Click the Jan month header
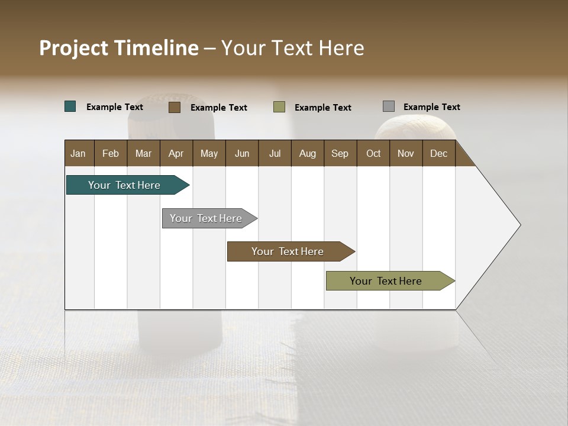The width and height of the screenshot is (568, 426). pyautogui.click(x=79, y=153)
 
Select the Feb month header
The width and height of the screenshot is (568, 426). pyautogui.click(x=111, y=153)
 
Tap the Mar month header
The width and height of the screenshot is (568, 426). pyautogui.click(x=143, y=153)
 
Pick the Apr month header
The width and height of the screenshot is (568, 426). pyautogui.click(x=176, y=153)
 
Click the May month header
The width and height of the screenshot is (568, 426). pyautogui.click(x=209, y=153)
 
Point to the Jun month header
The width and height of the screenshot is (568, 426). pyautogui.click(x=242, y=153)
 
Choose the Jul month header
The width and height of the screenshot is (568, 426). pyautogui.click(x=275, y=153)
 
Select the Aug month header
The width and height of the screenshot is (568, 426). pyautogui.click(x=308, y=153)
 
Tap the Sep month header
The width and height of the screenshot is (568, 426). pyautogui.click(x=340, y=153)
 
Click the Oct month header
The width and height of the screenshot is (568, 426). pyautogui.click(x=373, y=153)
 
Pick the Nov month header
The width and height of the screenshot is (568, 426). pyautogui.click(x=406, y=153)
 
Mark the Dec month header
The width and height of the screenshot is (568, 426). pyautogui.click(x=439, y=153)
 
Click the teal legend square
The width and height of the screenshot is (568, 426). pyautogui.click(x=70, y=106)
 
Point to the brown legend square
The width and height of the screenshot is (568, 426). pyautogui.click(x=175, y=107)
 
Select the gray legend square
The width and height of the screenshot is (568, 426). pyautogui.click(x=389, y=106)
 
